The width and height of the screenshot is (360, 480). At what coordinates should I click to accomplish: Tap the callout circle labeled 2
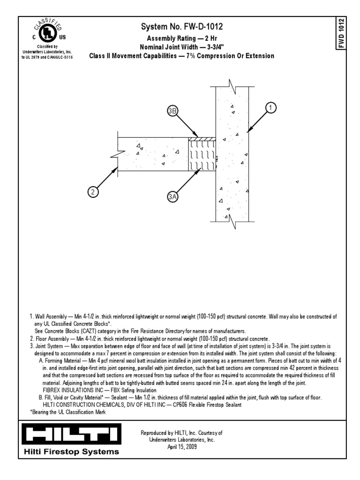pyautogui.click(x=93, y=192)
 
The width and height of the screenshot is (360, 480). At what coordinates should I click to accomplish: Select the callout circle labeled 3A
pyautogui.click(x=173, y=197)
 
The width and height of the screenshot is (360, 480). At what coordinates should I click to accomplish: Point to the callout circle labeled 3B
pyautogui.click(x=173, y=111)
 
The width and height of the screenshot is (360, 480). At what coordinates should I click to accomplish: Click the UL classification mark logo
pyautogui.click(x=46, y=31)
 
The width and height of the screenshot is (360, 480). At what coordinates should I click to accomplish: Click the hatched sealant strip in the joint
pyautogui.click(x=202, y=139)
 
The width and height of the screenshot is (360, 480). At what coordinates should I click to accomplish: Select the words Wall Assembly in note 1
pyautogui.click(x=52, y=317)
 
